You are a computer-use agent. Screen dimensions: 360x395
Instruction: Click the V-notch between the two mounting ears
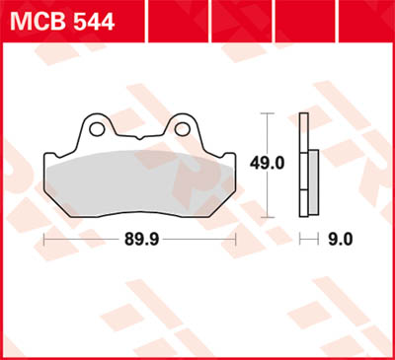coord(139,135)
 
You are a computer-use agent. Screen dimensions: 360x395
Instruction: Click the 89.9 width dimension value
coord(139,240)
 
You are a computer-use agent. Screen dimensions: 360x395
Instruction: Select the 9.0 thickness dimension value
coord(341,240)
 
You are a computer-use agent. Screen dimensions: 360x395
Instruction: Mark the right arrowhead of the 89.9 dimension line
coord(233,240)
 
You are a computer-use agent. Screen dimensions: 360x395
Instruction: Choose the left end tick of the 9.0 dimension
coord(301,240)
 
